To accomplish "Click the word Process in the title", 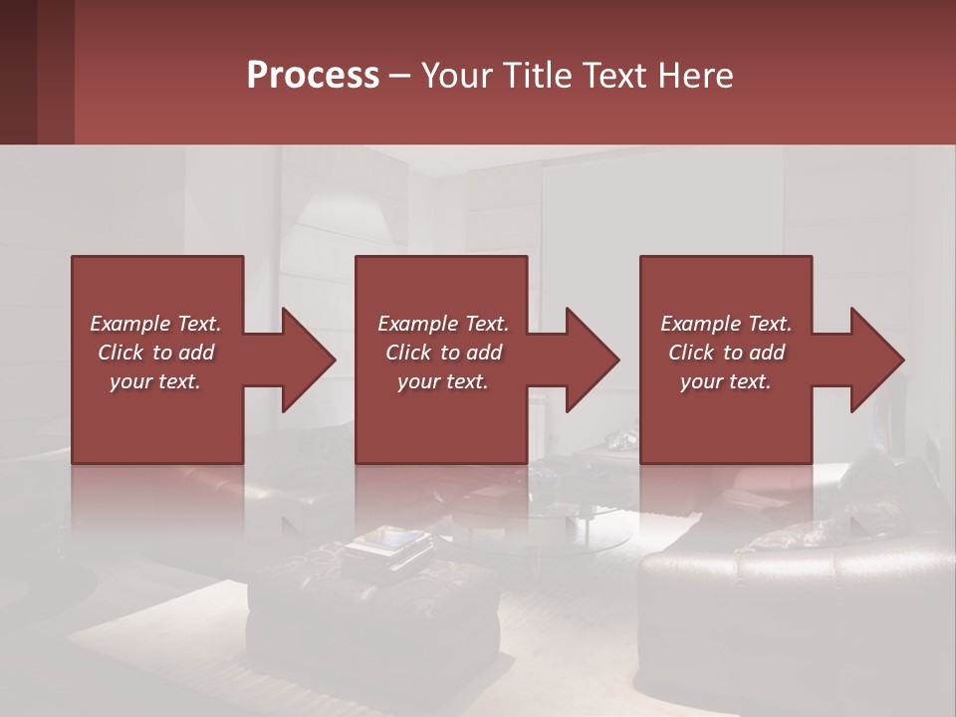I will tap(313, 76).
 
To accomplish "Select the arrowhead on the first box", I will tap(305, 359).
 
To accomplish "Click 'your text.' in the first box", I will tap(155, 381).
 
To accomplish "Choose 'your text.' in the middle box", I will tap(442, 381).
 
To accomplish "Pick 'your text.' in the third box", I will tap(725, 381).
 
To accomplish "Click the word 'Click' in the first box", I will tap(120, 353).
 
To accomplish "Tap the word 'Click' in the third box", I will tap(691, 353).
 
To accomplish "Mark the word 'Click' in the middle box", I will tap(408, 353).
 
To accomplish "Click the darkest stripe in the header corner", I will tap(18, 72).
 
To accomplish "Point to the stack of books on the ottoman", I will tap(390, 544).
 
